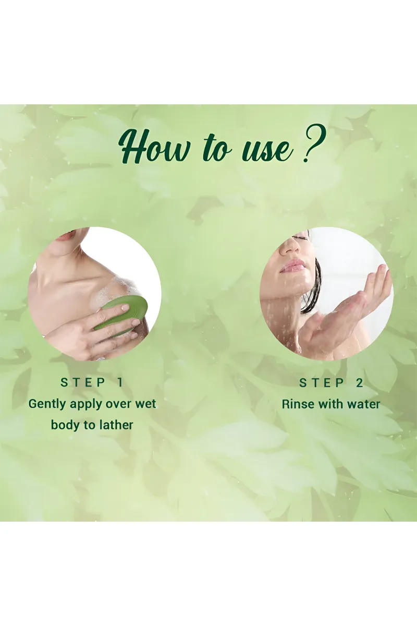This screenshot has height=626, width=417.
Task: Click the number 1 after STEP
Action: click(x=120, y=382)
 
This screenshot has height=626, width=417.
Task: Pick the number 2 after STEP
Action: click(x=360, y=383)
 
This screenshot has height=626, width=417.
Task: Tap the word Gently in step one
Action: click(x=47, y=404)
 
